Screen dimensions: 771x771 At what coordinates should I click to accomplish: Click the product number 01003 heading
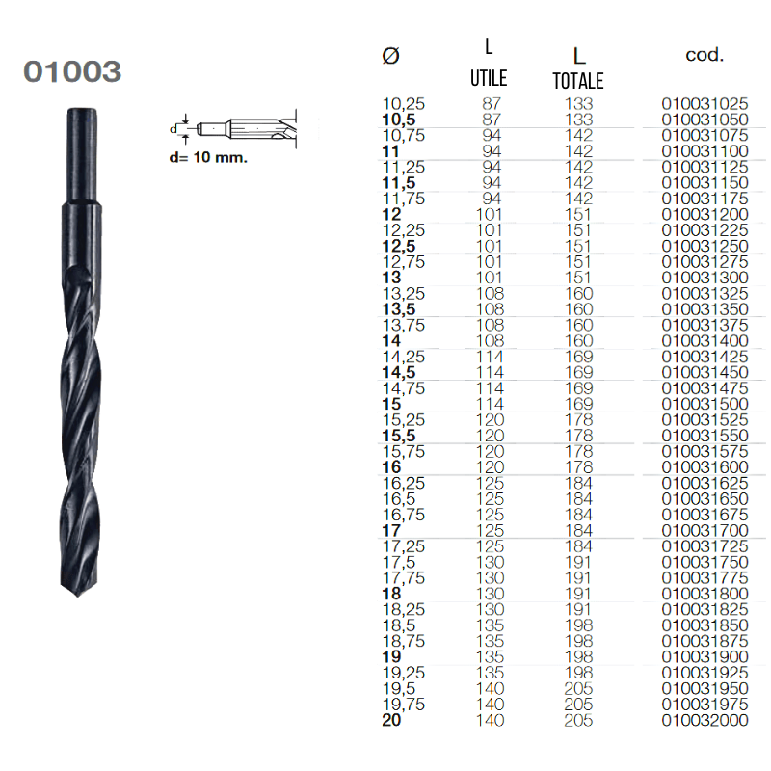[x=72, y=71]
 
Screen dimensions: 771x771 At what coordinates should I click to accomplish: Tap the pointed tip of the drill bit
[x=78, y=596]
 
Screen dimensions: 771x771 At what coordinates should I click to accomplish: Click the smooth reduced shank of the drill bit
[x=82, y=155]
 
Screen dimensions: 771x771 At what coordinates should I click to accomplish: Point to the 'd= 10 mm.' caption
[x=208, y=158]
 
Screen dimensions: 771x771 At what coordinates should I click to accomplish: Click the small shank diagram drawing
[x=232, y=129]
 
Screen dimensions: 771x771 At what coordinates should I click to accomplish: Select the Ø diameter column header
[x=391, y=56]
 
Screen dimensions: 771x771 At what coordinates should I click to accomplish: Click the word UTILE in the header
[x=489, y=78]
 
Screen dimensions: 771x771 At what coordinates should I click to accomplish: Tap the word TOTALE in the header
[x=578, y=81]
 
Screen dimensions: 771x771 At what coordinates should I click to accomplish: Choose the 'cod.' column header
[x=705, y=55]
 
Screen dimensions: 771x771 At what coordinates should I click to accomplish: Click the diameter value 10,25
[x=404, y=104]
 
